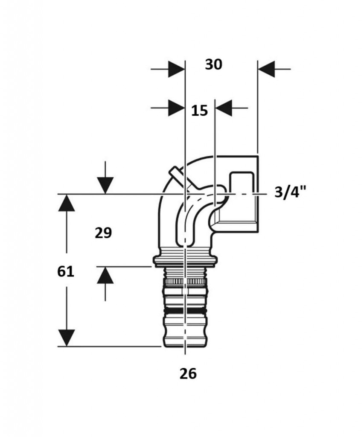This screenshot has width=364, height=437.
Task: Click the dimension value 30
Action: coord(213,65)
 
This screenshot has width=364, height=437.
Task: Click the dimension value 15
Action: coord(200,111)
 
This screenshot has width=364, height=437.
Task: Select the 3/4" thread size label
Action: coord(290,192)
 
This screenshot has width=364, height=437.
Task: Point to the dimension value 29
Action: coord(103,233)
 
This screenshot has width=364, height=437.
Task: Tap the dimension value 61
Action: coord(66,271)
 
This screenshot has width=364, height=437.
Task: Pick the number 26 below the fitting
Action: coord(188,373)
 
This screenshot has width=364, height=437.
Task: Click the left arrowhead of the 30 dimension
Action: coord(177,69)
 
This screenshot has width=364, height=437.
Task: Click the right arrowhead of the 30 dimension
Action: coord(266,69)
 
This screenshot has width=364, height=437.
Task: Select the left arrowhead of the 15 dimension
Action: coord(177,108)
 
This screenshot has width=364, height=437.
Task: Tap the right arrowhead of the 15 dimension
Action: coord(224,108)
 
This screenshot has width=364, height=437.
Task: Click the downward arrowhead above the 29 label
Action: coord(105,185)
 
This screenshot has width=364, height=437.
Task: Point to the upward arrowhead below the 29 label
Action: coord(105,275)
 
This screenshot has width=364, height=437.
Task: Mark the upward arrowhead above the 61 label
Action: coord(67,203)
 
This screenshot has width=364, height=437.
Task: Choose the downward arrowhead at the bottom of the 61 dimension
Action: coord(67,338)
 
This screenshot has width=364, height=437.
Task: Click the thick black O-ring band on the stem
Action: coord(185,310)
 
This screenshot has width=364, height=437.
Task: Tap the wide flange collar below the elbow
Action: coord(185,259)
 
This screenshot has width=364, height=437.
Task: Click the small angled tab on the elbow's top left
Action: coord(176,175)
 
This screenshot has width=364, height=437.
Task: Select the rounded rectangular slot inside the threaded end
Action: coord(242,183)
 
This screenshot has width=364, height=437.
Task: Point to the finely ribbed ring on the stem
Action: coord(185,282)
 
